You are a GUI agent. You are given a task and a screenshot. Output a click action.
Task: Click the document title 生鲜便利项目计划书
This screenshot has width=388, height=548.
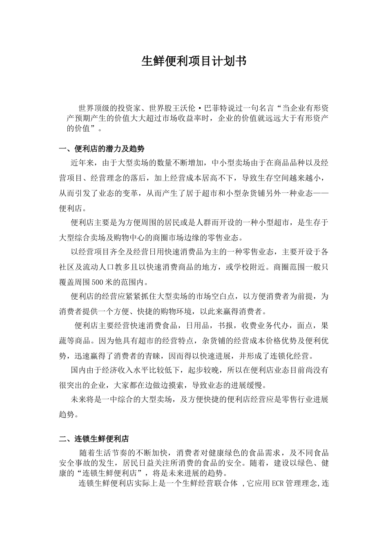click(x=194, y=61)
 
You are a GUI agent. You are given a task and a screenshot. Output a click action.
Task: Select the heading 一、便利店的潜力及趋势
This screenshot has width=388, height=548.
click(x=102, y=148)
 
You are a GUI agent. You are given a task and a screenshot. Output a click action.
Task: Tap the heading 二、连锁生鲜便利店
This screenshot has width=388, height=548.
click(x=94, y=439)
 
